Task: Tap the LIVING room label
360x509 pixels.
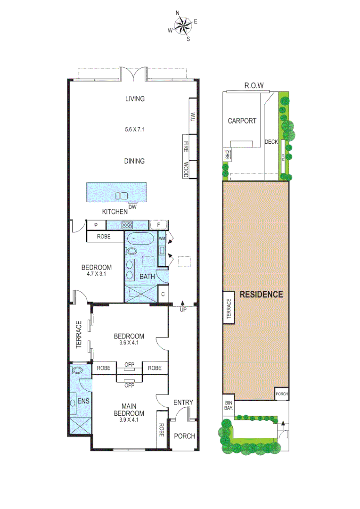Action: click(x=134, y=99)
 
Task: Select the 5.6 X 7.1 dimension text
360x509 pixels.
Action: click(x=134, y=129)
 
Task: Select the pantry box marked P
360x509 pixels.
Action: click(x=96, y=225)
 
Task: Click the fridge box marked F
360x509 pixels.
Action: click(x=159, y=225)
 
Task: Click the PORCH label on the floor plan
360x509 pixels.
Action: click(x=185, y=436)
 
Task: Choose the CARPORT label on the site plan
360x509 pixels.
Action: click(x=242, y=121)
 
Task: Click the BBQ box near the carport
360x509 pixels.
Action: click(x=227, y=154)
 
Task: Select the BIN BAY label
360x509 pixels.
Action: click(x=228, y=406)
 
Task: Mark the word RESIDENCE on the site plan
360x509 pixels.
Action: click(x=261, y=295)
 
